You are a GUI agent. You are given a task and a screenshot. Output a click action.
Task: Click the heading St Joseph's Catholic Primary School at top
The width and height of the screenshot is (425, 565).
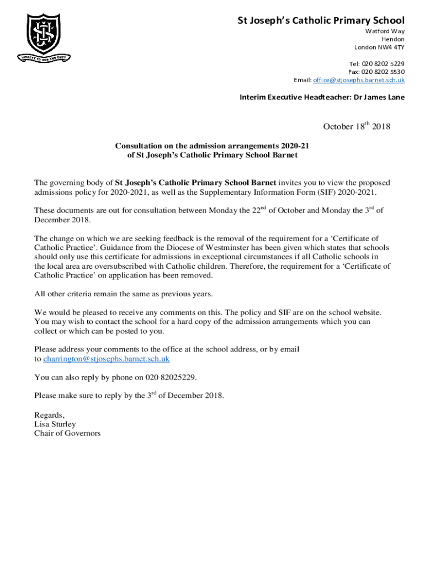(x=321, y=21)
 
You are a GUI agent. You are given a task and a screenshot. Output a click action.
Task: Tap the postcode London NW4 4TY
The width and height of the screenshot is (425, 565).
(x=379, y=47)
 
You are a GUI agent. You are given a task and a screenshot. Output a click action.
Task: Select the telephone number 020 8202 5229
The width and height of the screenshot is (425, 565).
(x=383, y=64)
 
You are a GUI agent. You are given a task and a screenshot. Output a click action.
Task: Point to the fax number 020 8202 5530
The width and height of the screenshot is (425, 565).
(x=383, y=72)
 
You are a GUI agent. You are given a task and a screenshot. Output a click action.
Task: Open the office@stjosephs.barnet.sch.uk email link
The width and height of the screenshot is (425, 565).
(x=359, y=81)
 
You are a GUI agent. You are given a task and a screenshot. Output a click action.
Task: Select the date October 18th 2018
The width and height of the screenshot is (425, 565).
(x=357, y=126)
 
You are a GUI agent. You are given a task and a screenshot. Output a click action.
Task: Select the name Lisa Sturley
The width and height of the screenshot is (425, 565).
(x=55, y=424)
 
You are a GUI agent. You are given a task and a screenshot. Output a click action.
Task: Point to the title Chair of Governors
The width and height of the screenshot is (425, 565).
(x=67, y=433)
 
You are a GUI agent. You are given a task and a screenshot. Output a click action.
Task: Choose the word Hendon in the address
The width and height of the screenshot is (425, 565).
(x=392, y=39)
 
